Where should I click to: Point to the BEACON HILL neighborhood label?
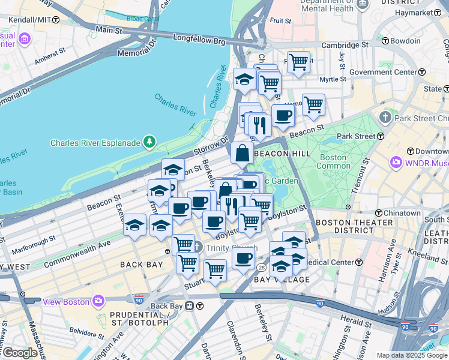(282, 154)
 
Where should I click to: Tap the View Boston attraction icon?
(98, 301)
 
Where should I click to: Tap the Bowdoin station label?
(405, 41)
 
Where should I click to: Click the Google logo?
(20, 353)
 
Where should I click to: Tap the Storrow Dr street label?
(214, 145)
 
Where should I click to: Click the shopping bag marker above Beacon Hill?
(241, 154)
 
